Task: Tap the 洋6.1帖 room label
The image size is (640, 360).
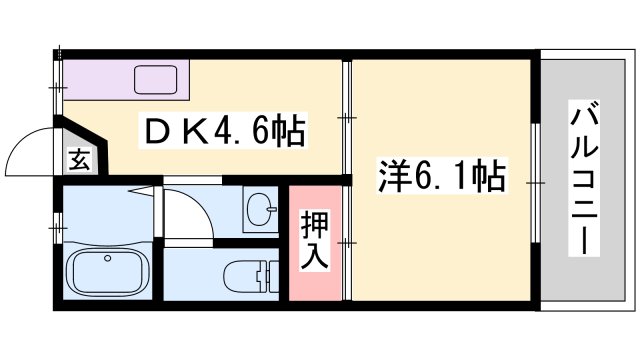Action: [x=441, y=178]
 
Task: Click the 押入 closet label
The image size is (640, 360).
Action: [x=315, y=239]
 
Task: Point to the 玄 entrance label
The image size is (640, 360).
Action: [x=78, y=159]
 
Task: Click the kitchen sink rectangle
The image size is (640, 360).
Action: [x=154, y=78]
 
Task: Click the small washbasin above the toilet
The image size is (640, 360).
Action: [x=263, y=210]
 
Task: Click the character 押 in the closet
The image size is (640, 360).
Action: [x=315, y=223]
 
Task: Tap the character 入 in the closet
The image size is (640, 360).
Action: [x=315, y=255]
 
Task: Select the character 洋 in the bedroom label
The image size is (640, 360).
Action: [x=393, y=178]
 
